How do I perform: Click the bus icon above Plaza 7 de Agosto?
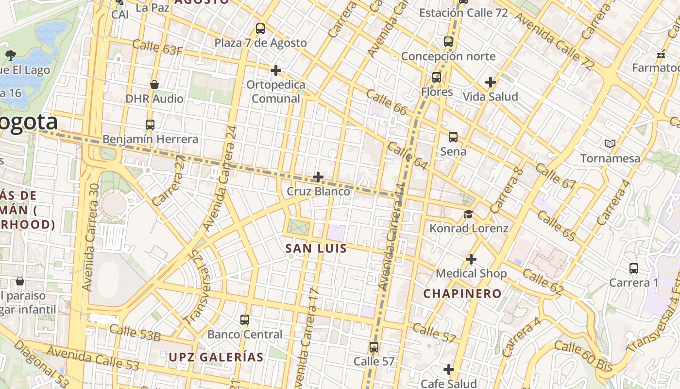coord(260,28)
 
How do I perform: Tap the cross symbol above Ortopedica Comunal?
coord(276,71)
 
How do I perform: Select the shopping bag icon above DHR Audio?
coord(154,85)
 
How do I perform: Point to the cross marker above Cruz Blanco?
coord(318,177)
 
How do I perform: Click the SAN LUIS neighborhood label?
coord(316,248)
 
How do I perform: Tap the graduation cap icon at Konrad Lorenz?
coord(468,214)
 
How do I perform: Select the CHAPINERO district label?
coord(462,294)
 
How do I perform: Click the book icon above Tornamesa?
coord(610,143)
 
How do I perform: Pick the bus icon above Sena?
coord(453,137)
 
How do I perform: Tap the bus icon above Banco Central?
coord(245,320)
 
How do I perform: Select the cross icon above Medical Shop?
coord(471,259)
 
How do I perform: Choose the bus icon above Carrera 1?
coord(634,268)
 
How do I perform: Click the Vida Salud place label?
coord(490,97)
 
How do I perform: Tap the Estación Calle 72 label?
coord(463,13)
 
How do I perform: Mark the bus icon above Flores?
coord(437,77)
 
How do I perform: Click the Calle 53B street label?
coord(135,333)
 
